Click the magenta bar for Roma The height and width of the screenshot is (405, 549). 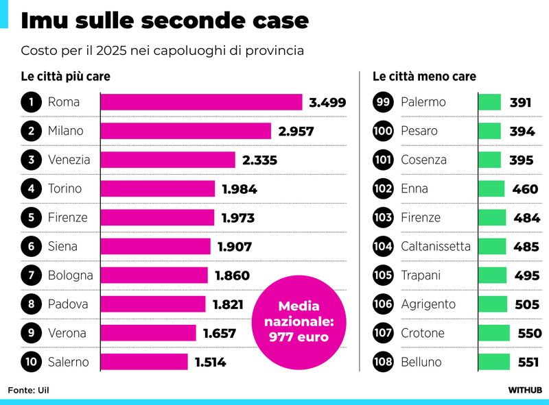[x=201, y=102]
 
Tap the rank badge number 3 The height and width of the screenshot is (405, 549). [x=31, y=160]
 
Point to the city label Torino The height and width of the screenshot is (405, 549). [x=65, y=188]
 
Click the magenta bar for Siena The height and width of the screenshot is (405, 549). [x=156, y=246]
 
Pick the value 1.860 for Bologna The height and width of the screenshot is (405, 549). [x=232, y=275]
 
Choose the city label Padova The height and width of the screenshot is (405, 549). [x=68, y=304]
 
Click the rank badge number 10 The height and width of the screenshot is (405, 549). [x=31, y=362]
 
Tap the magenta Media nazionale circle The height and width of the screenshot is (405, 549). [x=299, y=321]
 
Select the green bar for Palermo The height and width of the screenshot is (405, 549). [x=489, y=102]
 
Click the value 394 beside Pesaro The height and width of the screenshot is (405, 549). [x=522, y=131]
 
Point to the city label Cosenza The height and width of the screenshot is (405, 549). [x=423, y=160]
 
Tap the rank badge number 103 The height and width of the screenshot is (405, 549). [x=383, y=218]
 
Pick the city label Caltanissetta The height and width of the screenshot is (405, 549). [x=436, y=246]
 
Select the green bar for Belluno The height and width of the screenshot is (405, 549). [x=494, y=362]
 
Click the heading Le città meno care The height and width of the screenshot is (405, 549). [x=424, y=77]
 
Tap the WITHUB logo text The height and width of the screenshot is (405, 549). [x=525, y=390]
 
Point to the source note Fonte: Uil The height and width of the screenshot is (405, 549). [x=29, y=390]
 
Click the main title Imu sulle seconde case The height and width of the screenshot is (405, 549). [x=165, y=21]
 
